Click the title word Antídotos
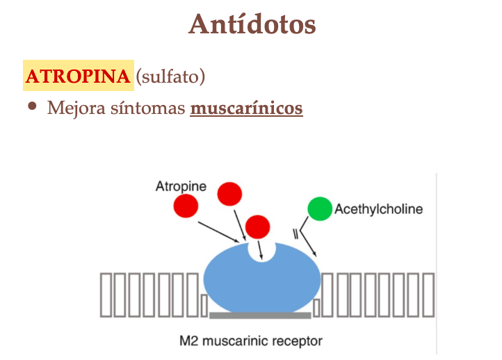(x=252, y=25)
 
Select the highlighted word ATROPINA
(x=78, y=76)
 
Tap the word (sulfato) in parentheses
(x=170, y=76)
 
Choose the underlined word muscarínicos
(x=246, y=108)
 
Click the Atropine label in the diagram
(x=181, y=186)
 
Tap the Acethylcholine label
(x=378, y=208)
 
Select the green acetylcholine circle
(x=320, y=208)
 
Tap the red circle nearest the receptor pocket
(x=257, y=226)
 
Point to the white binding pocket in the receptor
(x=261, y=251)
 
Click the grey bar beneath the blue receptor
(x=260, y=316)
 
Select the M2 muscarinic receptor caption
(x=251, y=341)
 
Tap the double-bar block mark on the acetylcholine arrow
(x=297, y=234)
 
